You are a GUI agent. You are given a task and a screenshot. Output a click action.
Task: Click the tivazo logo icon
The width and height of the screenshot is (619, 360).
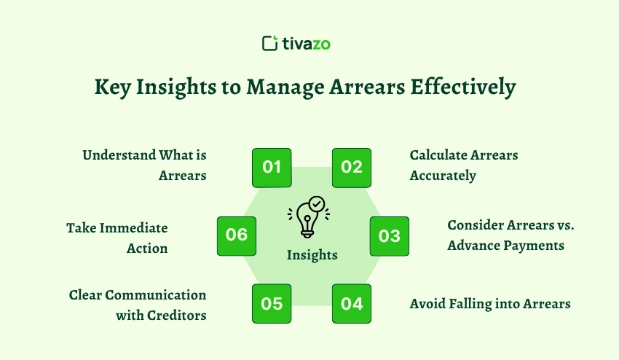pyautogui.click(x=270, y=43)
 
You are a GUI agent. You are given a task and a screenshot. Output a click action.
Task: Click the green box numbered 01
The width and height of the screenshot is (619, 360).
pyautogui.click(x=272, y=168)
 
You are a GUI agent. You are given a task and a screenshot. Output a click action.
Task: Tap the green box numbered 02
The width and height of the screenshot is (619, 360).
pyautogui.click(x=352, y=168)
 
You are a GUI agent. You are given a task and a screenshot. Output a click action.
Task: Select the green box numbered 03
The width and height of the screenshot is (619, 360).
pyautogui.click(x=390, y=236)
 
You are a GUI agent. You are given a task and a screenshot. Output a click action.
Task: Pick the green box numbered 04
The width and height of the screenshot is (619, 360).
pyautogui.click(x=352, y=303)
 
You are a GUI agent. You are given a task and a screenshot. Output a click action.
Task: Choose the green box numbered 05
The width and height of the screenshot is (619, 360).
pyautogui.click(x=272, y=303)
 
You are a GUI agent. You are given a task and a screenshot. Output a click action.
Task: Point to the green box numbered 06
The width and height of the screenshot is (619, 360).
pyautogui.click(x=237, y=235)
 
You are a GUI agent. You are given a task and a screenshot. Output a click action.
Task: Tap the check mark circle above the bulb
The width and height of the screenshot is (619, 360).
pyautogui.click(x=317, y=205)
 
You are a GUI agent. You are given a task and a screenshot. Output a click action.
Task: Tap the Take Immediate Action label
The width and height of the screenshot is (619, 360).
pyautogui.click(x=118, y=238)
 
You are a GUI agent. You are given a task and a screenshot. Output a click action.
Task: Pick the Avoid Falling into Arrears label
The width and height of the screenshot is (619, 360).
pyautogui.click(x=489, y=303)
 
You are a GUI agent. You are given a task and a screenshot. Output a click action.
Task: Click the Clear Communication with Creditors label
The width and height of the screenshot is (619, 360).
pyautogui.click(x=138, y=305)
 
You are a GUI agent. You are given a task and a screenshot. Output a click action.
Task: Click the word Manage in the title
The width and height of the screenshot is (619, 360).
pyautogui.click(x=287, y=87)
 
